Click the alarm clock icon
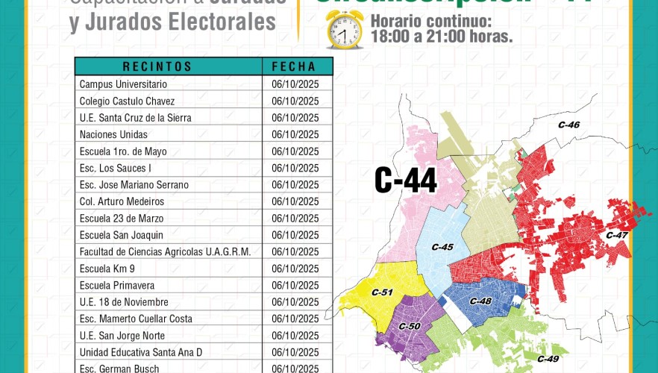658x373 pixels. click(344, 30)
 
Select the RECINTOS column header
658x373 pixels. click(157, 66)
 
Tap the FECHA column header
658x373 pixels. click(294, 66)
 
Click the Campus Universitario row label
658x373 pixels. click(123, 84)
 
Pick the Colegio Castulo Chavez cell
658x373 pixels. click(127, 101)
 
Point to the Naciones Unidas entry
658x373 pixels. click(113, 134)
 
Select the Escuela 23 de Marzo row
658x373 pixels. click(122, 219)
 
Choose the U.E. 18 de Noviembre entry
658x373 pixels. click(124, 302)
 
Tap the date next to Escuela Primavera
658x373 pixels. click(295, 286)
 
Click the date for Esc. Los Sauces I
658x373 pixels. click(295, 168)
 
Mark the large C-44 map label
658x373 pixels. click(406, 180)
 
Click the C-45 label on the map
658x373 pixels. click(442, 247)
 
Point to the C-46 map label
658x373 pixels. click(568, 125)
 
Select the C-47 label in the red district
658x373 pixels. click(617, 236)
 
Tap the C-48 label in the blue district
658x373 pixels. click(480, 301)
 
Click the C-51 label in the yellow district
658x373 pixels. click(381, 292)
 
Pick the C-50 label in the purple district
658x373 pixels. click(410, 326)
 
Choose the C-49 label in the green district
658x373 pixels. click(548, 359)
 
